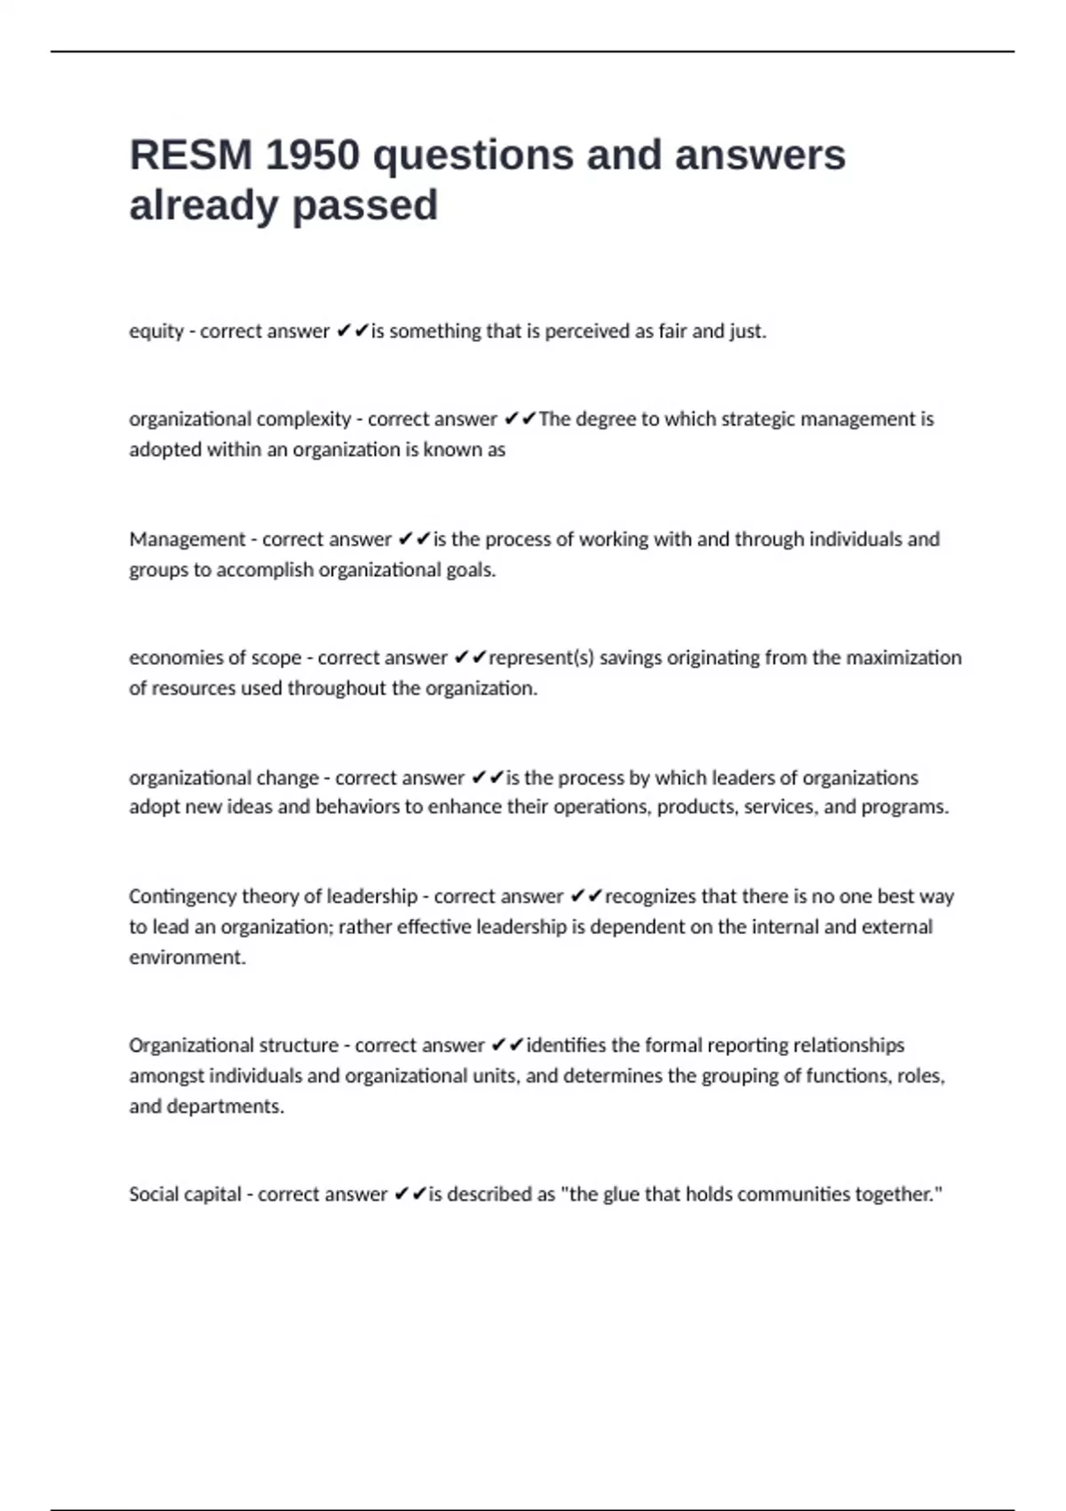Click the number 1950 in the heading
[313, 156]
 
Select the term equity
[156, 332]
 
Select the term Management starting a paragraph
[187, 540]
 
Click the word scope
[276, 658]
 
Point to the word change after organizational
[287, 778]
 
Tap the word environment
[187, 957]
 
